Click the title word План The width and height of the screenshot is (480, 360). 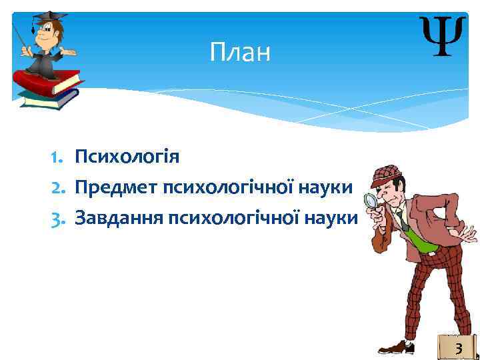(240, 52)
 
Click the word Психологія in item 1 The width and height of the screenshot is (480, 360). (127, 157)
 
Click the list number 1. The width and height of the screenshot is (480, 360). (55, 157)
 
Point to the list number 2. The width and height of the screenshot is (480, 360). (55, 187)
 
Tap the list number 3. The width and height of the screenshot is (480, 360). (55, 218)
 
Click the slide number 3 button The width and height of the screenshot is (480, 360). (458, 347)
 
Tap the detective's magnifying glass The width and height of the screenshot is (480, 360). (369, 201)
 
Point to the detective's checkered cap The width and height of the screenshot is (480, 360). (389, 173)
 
